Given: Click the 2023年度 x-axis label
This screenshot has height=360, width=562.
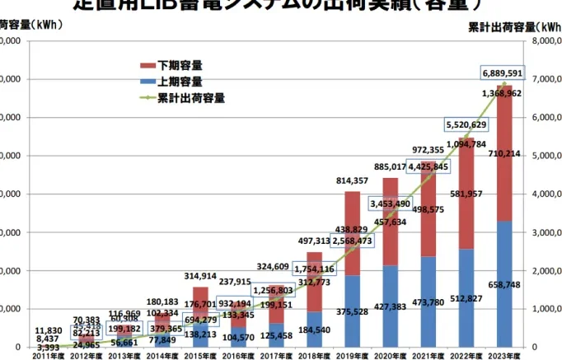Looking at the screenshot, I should (504, 354).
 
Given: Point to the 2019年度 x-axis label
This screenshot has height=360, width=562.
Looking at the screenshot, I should (353, 354).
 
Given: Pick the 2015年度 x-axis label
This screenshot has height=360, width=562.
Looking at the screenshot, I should (200, 354).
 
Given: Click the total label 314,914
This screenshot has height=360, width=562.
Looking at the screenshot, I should (200, 276).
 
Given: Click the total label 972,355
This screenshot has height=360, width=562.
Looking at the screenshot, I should (428, 150).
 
